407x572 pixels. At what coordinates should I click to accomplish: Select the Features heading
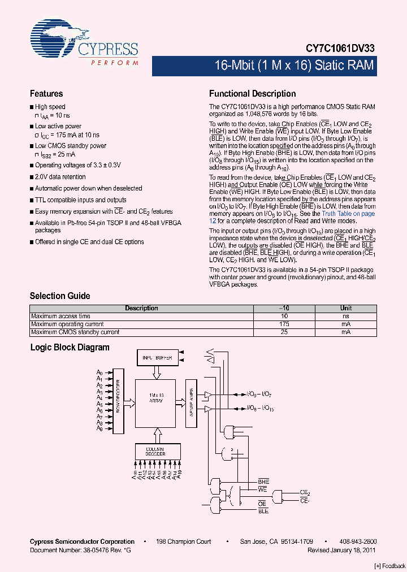46,94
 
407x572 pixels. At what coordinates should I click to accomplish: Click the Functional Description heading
252,94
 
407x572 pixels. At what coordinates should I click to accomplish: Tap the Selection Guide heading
60,296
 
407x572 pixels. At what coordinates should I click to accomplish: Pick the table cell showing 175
284,324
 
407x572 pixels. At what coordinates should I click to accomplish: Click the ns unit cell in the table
345,317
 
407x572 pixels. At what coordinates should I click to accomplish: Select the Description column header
141,309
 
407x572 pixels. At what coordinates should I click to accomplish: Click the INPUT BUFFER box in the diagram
157,358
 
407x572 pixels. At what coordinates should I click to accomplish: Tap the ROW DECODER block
119,402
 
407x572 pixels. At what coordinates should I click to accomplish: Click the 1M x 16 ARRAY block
155,402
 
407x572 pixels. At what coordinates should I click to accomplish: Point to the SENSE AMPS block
191,402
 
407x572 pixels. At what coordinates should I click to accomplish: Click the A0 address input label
99,373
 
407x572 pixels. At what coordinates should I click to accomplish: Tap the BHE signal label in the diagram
263,481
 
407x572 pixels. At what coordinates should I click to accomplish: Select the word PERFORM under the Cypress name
114,62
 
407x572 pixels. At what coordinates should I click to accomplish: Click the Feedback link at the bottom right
390,566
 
